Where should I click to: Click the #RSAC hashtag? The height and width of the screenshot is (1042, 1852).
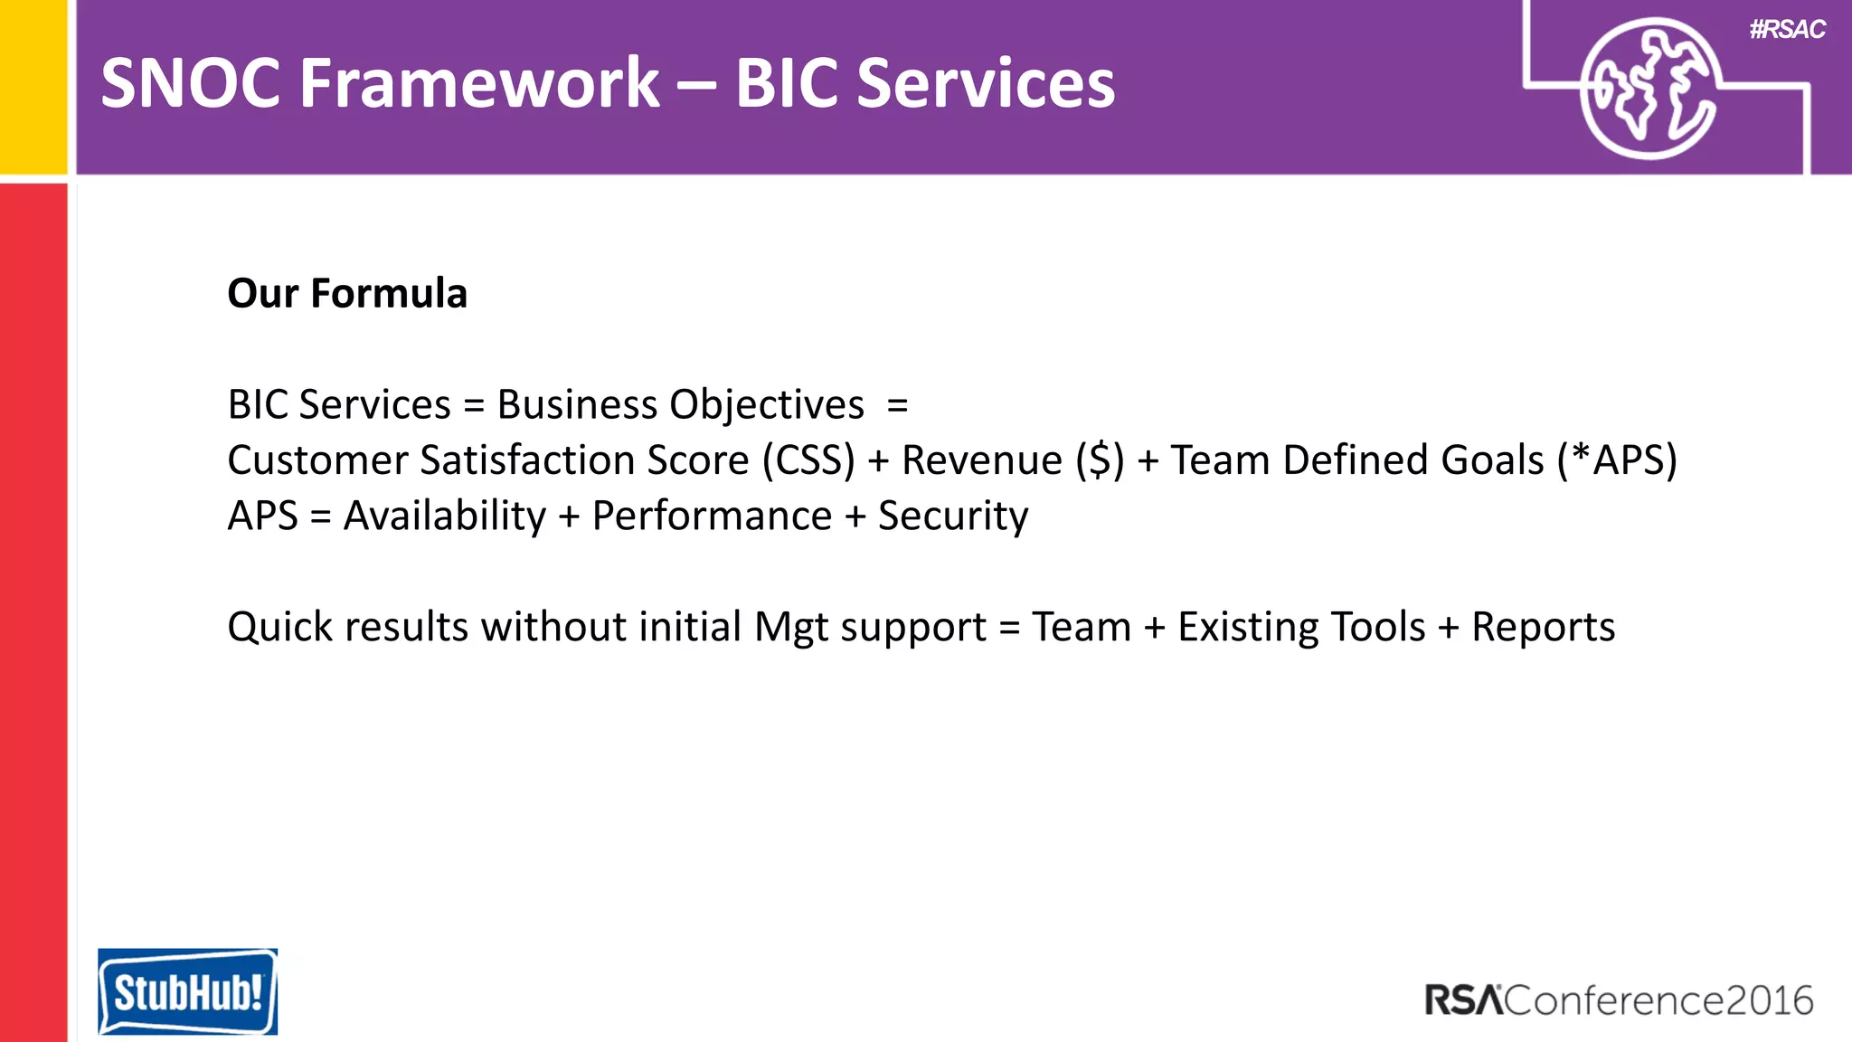(1787, 30)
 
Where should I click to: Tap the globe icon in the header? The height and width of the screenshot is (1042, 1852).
(1649, 89)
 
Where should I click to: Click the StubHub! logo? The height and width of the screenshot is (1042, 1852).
(188, 991)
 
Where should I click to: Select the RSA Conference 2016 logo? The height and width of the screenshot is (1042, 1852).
(1619, 1000)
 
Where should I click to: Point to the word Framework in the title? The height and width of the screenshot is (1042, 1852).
(479, 83)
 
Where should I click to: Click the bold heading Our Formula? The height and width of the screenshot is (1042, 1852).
(347, 293)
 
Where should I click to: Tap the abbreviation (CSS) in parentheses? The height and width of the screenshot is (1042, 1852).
(808, 460)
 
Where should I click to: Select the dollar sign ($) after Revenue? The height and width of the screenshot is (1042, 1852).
(1100, 460)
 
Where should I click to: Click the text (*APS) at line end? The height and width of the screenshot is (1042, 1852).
(1617, 460)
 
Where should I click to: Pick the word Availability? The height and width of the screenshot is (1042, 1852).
(445, 516)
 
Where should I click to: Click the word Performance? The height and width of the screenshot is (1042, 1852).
(712, 516)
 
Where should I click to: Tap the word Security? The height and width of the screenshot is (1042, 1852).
(953, 516)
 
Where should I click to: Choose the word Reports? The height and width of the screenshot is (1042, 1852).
(1543, 627)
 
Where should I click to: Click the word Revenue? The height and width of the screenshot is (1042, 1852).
(982, 460)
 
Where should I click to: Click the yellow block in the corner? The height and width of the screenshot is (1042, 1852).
(33, 86)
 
